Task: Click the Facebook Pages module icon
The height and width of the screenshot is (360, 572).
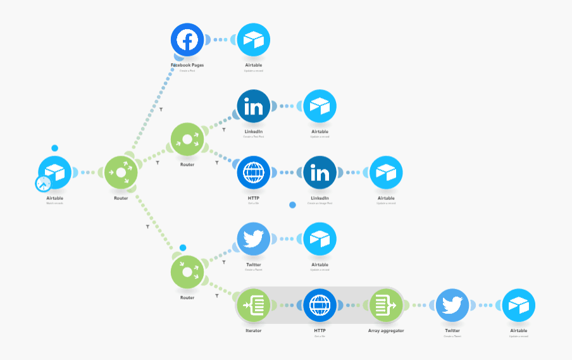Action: (187, 39)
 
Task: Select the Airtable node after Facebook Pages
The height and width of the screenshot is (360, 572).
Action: (253, 39)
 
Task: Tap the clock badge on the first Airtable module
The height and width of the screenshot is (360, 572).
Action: (43, 183)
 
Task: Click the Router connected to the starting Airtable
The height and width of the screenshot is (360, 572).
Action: (121, 172)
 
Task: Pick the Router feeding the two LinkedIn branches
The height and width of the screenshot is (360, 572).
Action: (187, 139)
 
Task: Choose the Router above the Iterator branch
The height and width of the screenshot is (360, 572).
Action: (187, 272)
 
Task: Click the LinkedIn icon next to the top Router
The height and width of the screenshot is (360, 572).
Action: (253, 106)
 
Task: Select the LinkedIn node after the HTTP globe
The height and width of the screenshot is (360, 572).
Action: (320, 172)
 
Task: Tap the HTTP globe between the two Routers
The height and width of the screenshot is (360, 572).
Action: (253, 172)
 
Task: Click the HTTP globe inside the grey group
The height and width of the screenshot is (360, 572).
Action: (320, 305)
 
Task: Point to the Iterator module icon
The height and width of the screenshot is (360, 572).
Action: (253, 305)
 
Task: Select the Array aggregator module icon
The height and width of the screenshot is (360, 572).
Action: (386, 305)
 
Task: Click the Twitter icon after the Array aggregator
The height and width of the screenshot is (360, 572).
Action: (452, 305)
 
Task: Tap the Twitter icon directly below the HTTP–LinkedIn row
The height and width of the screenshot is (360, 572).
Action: (253, 239)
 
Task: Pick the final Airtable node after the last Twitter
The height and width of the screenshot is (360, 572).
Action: (518, 305)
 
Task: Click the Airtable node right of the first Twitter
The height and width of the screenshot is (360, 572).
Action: (320, 239)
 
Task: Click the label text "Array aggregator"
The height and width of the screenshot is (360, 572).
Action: (386, 330)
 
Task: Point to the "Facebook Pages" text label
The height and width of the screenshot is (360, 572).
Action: (187, 65)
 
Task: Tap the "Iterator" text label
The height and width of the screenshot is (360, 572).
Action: (253, 330)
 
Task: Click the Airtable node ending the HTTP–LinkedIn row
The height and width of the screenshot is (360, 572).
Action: (386, 172)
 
